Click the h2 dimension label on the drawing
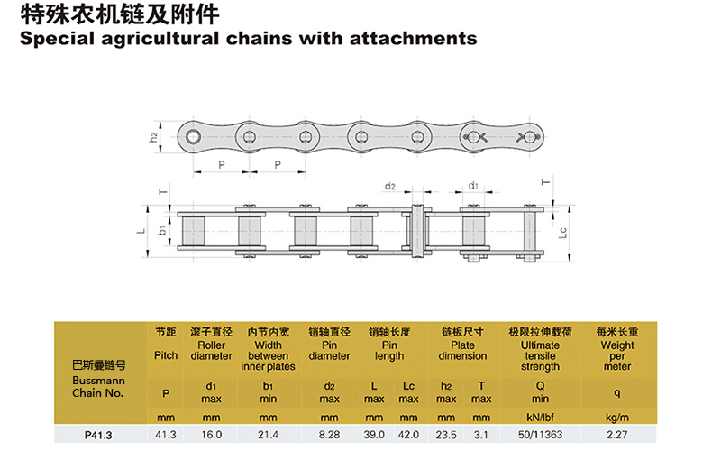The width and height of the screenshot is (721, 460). (x=154, y=136)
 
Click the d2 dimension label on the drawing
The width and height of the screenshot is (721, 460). (x=390, y=186)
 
